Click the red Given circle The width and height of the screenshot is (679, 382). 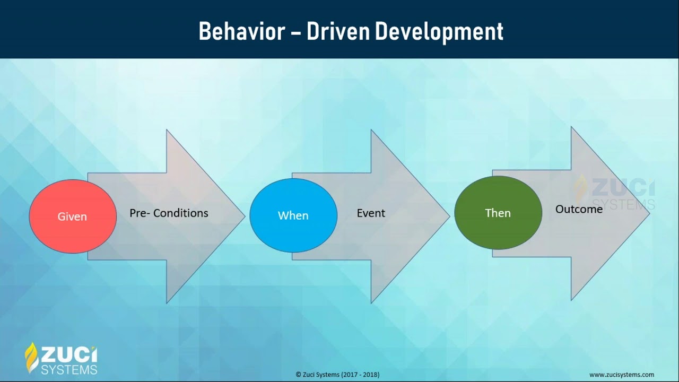pyautogui.click(x=73, y=216)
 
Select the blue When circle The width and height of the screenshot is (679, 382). pyautogui.click(x=293, y=215)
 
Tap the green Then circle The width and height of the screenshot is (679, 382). pyautogui.click(x=498, y=213)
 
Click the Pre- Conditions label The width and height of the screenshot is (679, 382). pyautogui.click(x=169, y=213)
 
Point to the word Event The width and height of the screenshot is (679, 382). pyautogui.click(x=371, y=213)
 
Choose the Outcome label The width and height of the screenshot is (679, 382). pyautogui.click(x=579, y=209)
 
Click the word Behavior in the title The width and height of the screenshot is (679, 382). pyautogui.click(x=241, y=31)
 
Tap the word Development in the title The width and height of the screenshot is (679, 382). pyautogui.click(x=439, y=31)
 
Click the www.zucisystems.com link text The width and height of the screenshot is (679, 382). pyautogui.click(x=622, y=375)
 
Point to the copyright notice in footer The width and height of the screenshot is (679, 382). pyautogui.click(x=337, y=375)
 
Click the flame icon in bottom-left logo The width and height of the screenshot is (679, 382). pyautogui.click(x=32, y=358)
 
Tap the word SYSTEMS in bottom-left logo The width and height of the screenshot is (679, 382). pyautogui.click(x=69, y=369)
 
